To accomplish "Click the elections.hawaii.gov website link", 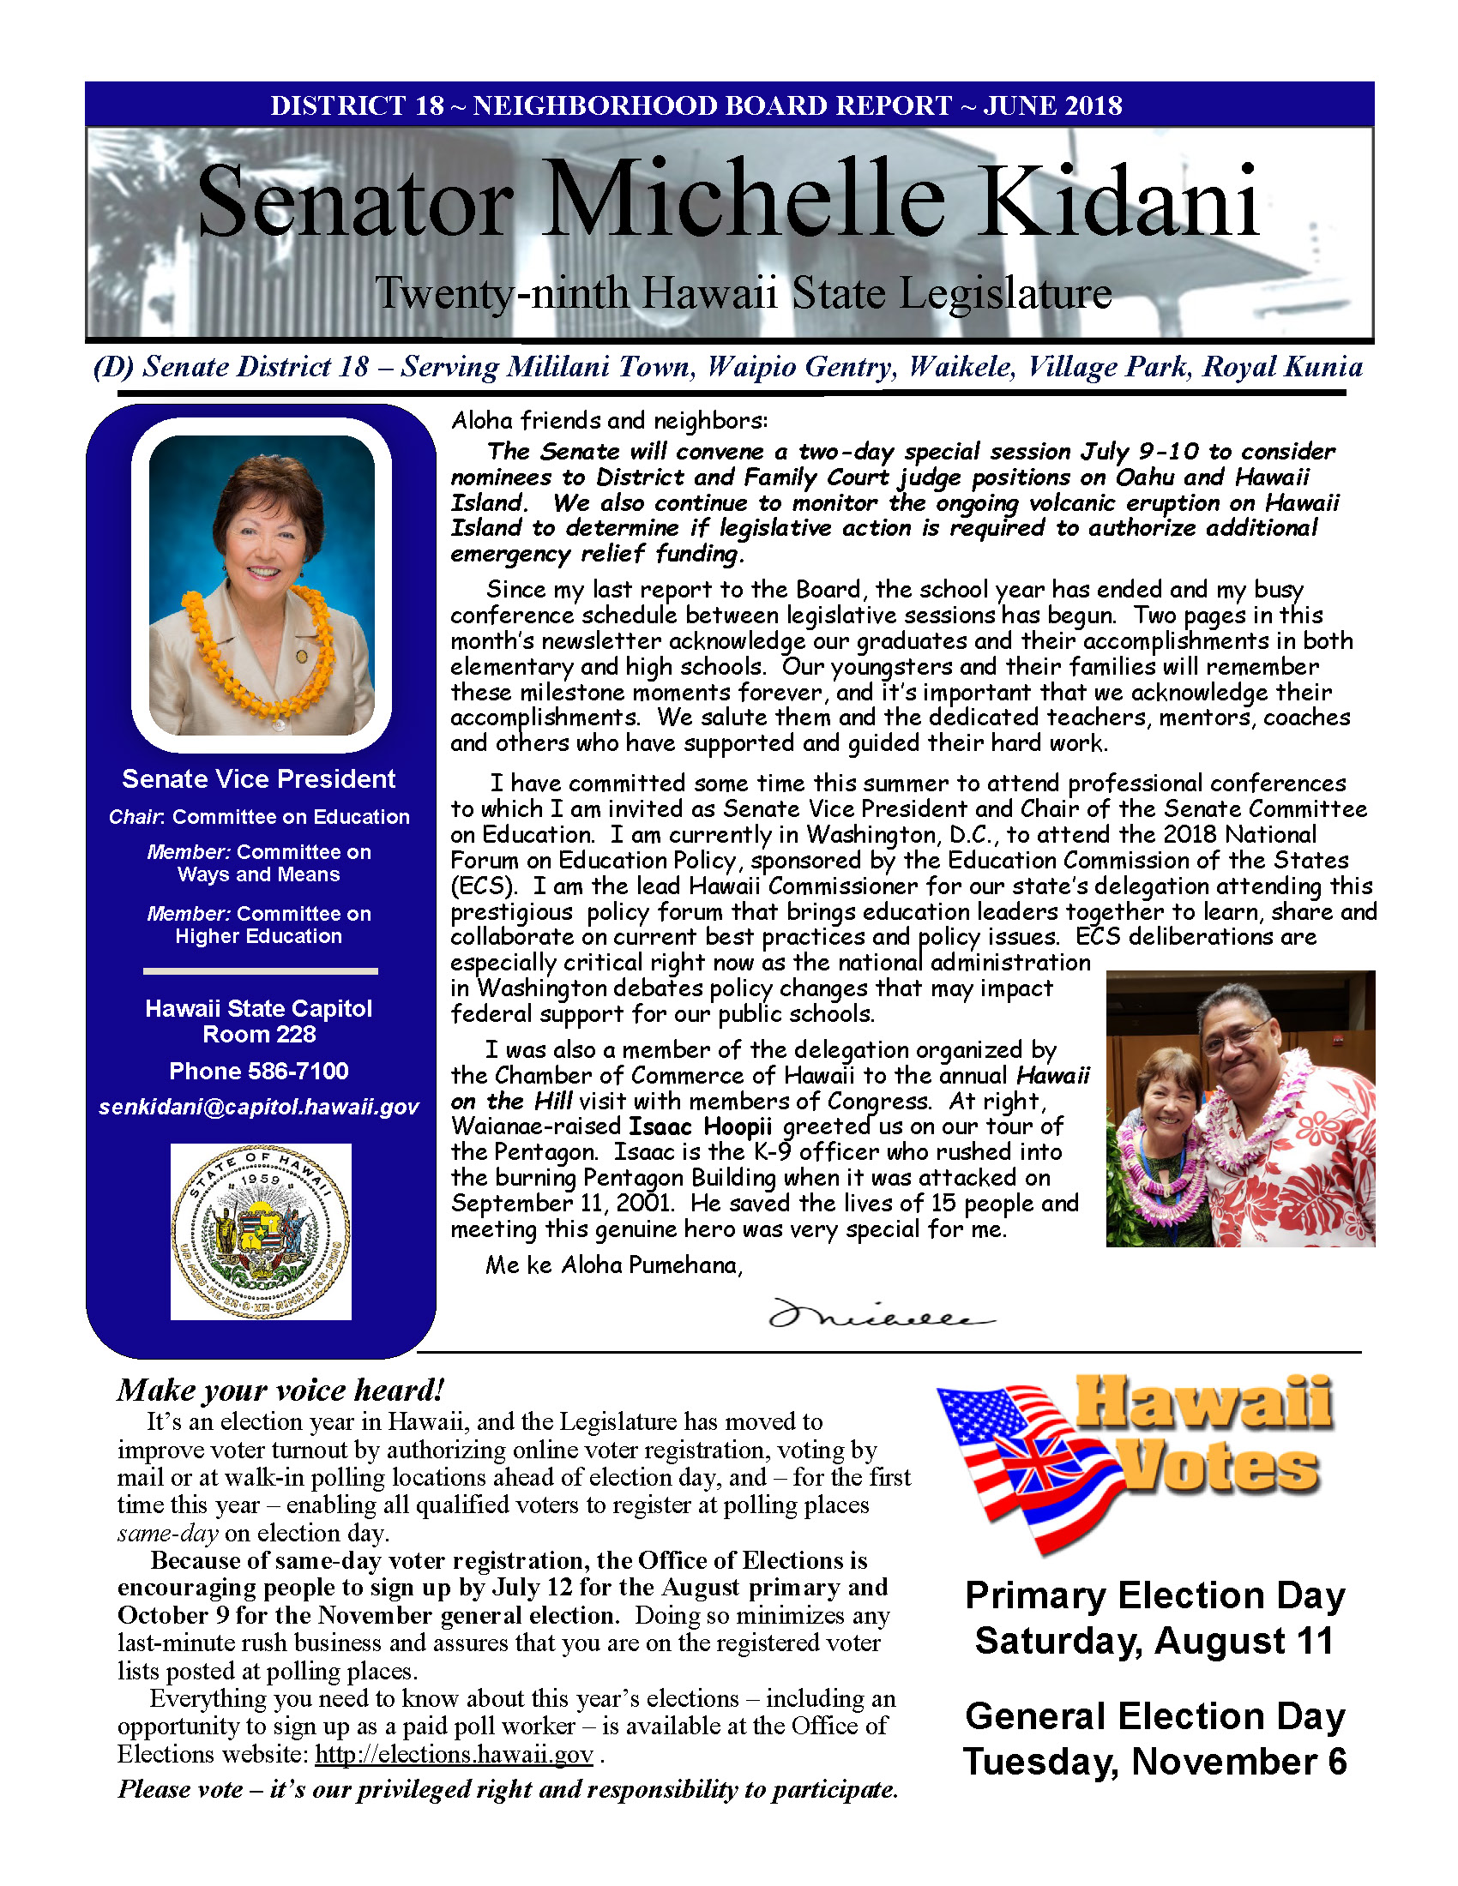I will (x=454, y=1754).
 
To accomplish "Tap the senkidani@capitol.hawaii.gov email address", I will (x=258, y=1107).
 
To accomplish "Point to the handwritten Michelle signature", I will (x=880, y=1315).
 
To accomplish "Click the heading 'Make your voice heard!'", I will (x=280, y=1390).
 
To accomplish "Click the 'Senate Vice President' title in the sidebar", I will (x=258, y=779).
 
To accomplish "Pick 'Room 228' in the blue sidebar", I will (x=258, y=1034).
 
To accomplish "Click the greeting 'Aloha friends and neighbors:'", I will (x=609, y=421).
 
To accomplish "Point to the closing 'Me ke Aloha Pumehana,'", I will (x=613, y=1265).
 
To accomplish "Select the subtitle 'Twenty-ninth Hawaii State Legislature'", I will (x=743, y=293).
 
